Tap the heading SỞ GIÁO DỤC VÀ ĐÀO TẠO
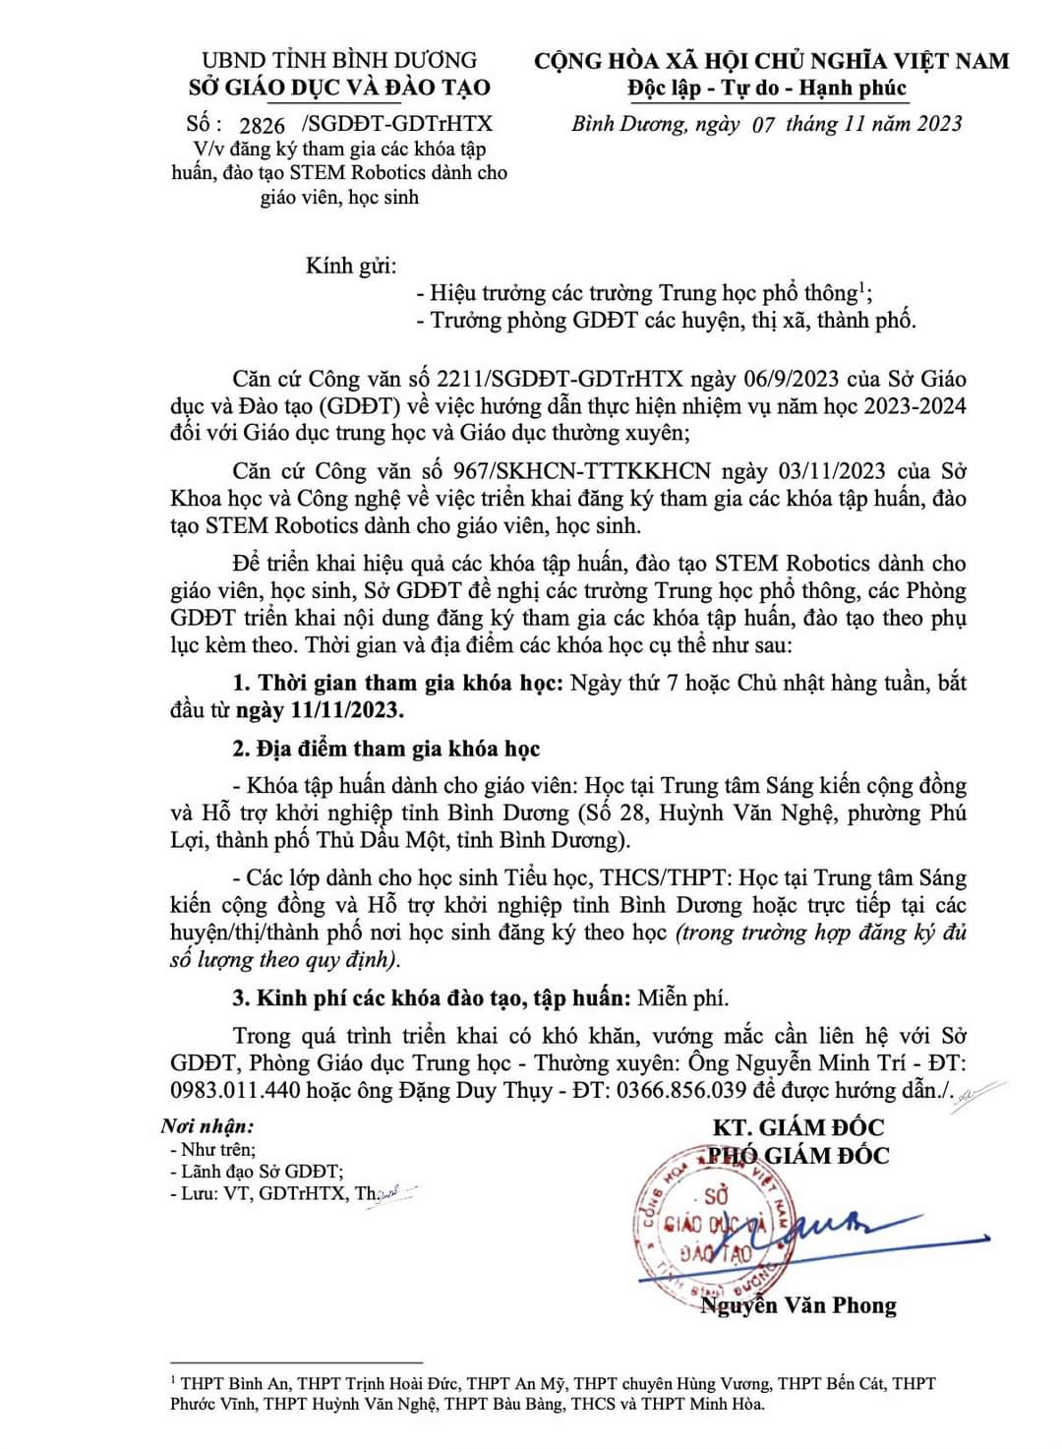(x=339, y=88)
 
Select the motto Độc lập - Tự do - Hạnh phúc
(x=767, y=89)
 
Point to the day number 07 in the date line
(x=762, y=124)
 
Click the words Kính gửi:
(x=350, y=266)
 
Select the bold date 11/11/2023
(x=346, y=709)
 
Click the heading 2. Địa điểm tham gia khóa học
(x=385, y=749)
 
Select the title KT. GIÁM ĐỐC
(x=798, y=1127)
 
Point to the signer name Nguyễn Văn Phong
(x=798, y=1305)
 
